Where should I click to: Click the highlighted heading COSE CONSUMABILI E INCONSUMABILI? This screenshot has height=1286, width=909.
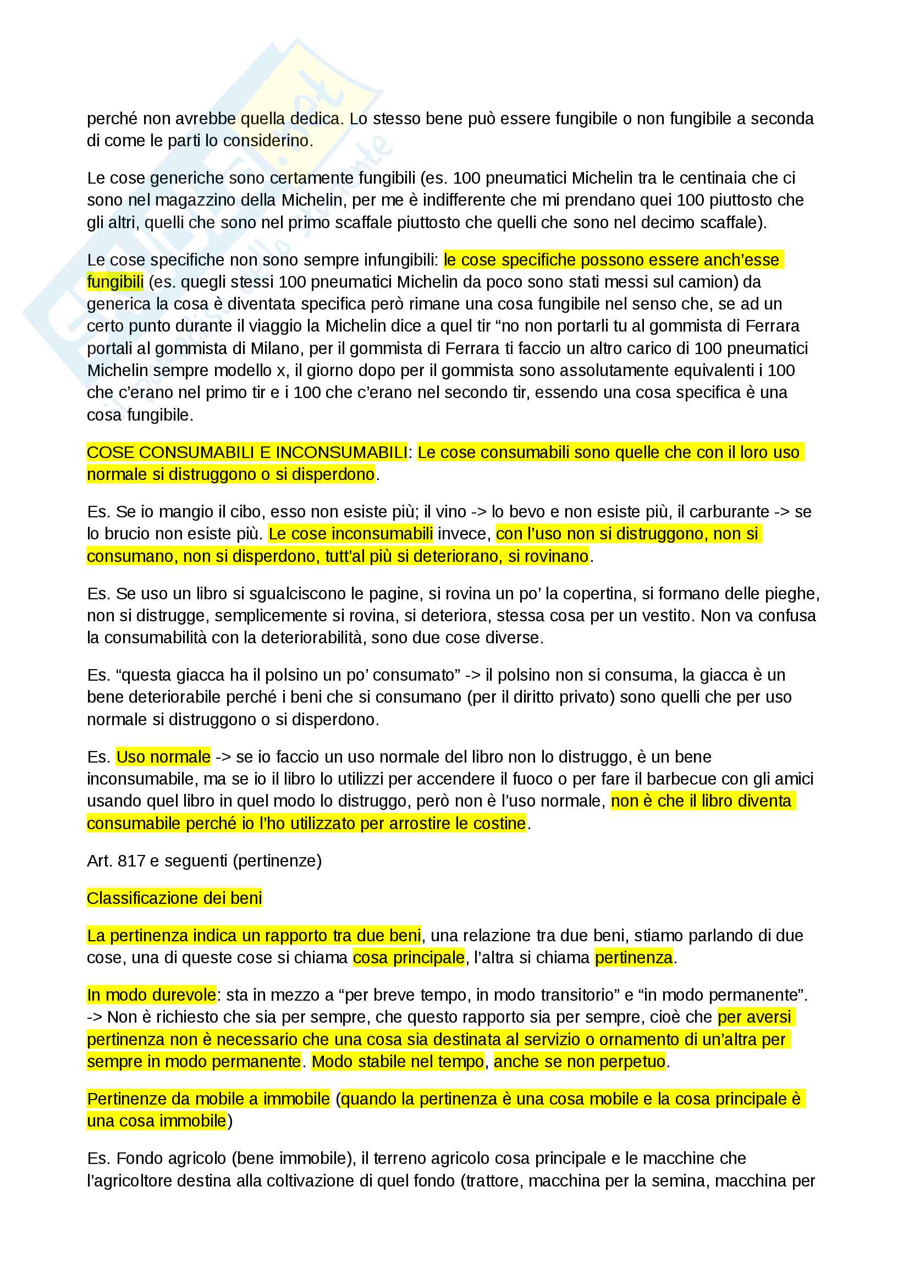tap(247, 452)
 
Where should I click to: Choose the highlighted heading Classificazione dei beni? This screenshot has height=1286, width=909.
tap(174, 898)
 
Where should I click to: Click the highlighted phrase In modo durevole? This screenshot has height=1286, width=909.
tap(151, 995)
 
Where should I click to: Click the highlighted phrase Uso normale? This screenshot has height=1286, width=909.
tap(163, 757)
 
